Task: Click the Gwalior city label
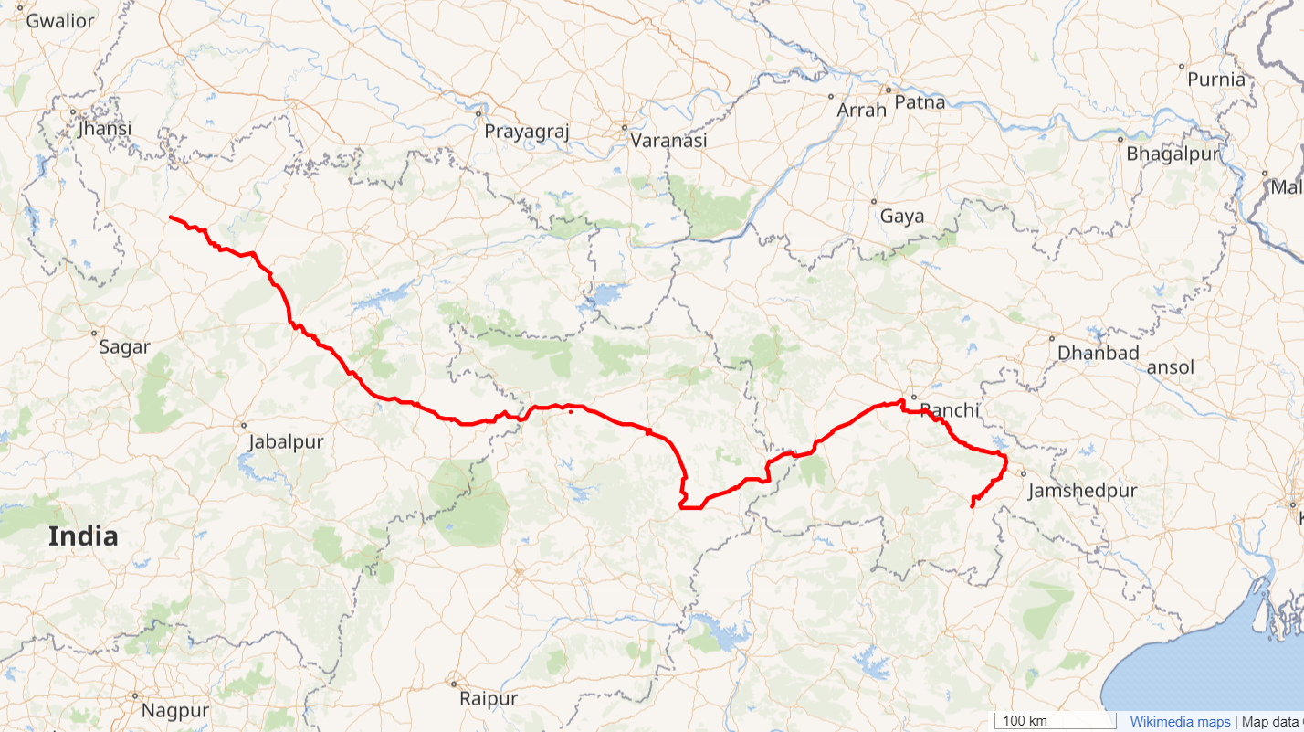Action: [60, 20]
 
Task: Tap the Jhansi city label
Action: [104, 128]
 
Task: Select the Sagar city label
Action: [124, 347]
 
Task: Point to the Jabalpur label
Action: [286, 441]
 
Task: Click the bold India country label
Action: [83, 536]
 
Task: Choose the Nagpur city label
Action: [175, 709]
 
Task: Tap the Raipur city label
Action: [489, 698]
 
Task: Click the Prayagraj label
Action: [527, 131]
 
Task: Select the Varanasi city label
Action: [668, 141]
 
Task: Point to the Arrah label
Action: [862, 110]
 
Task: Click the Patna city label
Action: [920, 101]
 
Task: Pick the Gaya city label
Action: [902, 217]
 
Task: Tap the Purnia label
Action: [1216, 80]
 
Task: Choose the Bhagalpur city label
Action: [1173, 154]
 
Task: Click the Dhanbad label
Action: [1098, 353]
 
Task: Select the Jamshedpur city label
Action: [1082, 491]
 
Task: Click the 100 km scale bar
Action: [1055, 721]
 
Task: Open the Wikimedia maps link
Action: [1180, 722]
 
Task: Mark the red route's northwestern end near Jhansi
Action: [171, 217]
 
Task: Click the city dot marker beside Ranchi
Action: [913, 397]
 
